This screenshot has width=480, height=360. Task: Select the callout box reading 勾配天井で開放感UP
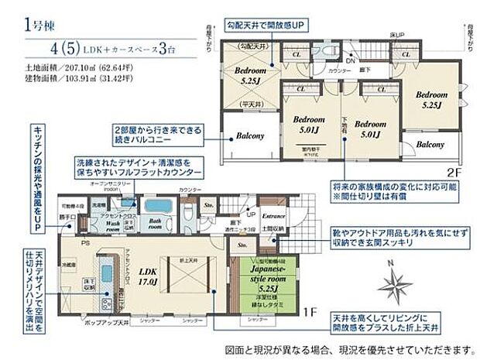264,26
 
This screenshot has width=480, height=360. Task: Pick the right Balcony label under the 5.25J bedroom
430,145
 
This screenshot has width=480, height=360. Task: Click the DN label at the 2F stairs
350,61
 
